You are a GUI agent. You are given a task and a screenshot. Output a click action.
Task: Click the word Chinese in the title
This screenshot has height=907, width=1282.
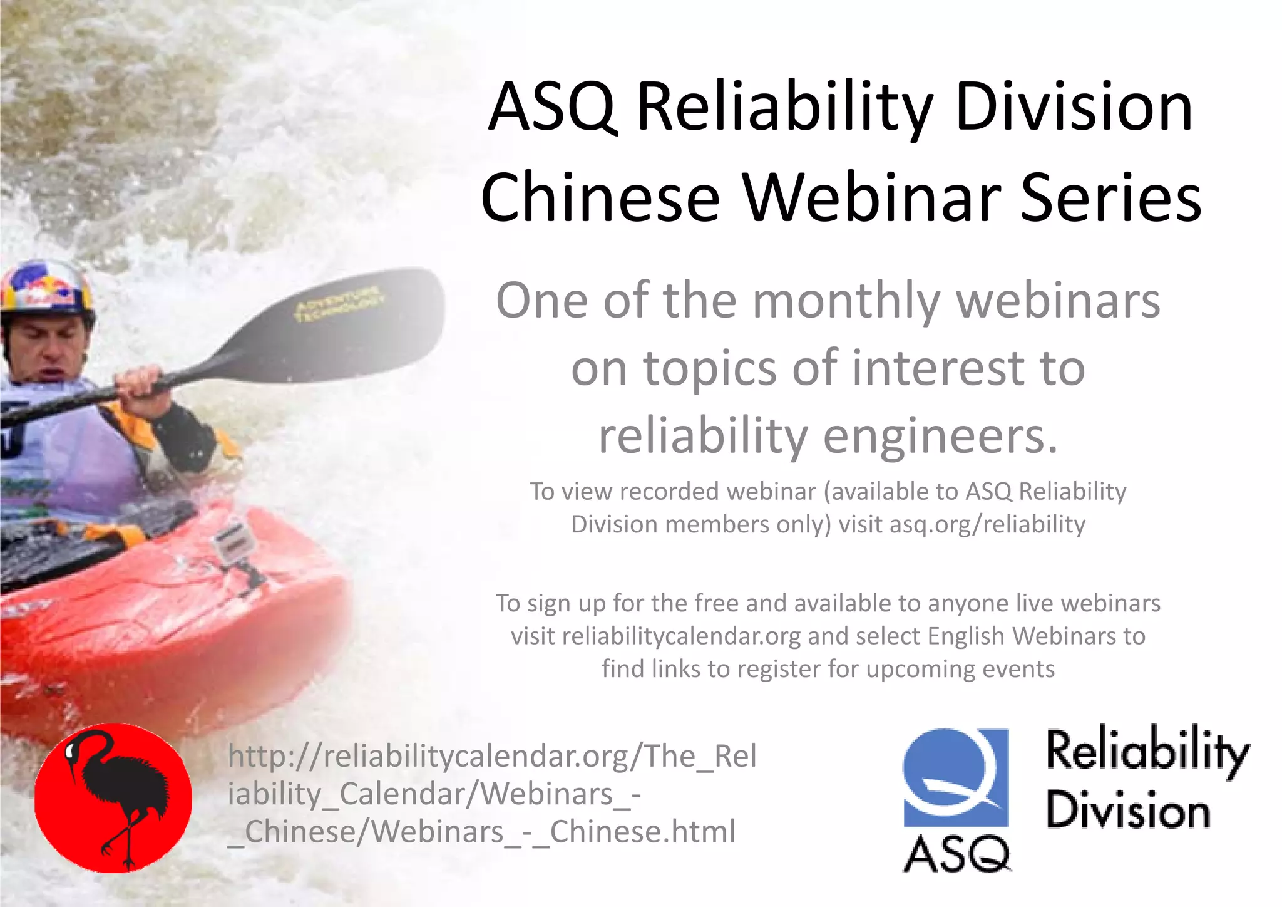[x=601, y=198]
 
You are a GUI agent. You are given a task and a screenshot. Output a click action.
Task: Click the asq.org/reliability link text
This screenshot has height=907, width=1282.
[x=987, y=524]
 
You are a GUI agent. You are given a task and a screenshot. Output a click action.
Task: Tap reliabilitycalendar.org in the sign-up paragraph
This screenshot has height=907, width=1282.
[x=682, y=636]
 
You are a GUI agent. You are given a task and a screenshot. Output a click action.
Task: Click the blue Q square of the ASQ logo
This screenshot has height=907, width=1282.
[x=955, y=777]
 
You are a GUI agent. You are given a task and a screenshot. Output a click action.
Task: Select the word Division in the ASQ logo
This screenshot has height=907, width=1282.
[x=1127, y=811]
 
